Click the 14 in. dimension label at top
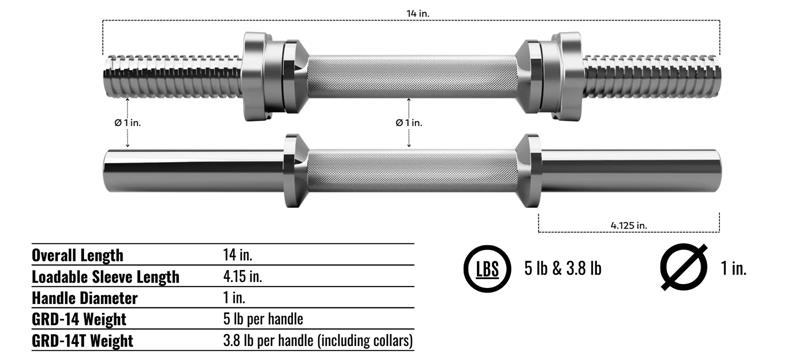coord(418,14)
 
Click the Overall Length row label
coord(77,255)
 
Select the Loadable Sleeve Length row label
coord(106,277)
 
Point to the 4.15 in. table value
coord(242,276)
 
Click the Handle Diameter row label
coord(85,298)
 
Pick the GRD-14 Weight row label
coord(79,320)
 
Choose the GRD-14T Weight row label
coord(82,341)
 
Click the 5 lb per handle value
coord(263,320)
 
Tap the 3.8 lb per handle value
coord(317,341)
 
